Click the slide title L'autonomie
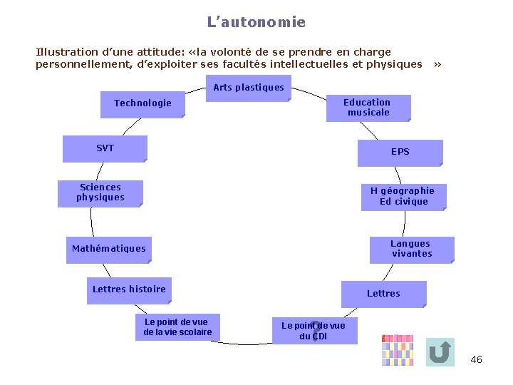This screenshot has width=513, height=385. point(256,22)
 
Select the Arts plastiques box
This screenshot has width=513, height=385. point(248,88)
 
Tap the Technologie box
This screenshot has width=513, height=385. point(142,104)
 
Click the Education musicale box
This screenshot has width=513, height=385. point(367,108)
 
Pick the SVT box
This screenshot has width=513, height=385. point(105,148)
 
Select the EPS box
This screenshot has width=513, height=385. point(400,153)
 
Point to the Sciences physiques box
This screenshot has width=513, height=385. point(100,192)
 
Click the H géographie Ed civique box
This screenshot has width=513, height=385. point(403,196)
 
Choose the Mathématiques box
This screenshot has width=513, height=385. point(109,249)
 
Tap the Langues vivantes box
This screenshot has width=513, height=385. point(411,249)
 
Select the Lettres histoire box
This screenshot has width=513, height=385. point(129,289)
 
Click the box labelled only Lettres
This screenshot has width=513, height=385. point(383,294)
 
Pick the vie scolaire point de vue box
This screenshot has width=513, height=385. point(177,327)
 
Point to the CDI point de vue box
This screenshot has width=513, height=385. point(313,331)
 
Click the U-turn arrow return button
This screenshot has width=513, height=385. point(440,351)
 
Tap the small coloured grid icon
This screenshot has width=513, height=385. point(397,350)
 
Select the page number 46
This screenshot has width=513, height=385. point(477,360)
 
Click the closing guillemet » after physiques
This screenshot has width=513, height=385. point(437,64)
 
